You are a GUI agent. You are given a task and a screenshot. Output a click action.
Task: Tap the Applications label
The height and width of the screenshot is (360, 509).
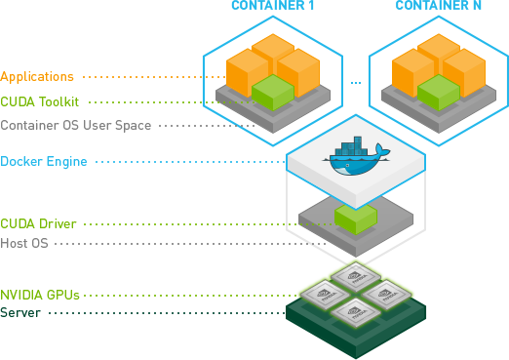click(37, 75)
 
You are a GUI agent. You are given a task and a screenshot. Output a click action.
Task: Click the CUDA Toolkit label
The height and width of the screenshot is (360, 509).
click(40, 100)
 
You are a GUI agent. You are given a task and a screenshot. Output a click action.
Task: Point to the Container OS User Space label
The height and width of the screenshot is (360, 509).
click(75, 126)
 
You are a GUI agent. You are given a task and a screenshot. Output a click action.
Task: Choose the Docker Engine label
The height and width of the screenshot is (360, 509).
click(44, 161)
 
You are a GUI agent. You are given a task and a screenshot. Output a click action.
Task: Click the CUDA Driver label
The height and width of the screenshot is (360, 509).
click(38, 223)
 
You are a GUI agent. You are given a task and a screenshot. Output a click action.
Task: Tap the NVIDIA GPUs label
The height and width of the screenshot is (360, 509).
click(40, 294)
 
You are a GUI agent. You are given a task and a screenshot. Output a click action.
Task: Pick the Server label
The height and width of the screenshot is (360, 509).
click(20, 313)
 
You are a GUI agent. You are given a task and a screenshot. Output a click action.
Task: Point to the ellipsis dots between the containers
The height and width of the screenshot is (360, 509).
click(355, 81)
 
